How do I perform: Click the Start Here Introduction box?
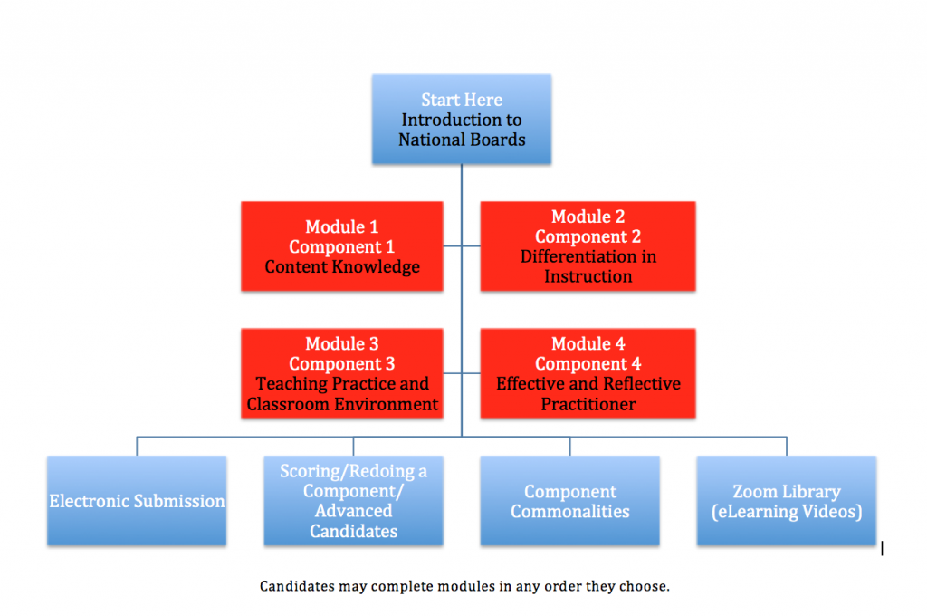(x=462, y=119)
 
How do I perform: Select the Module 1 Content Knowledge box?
(x=341, y=246)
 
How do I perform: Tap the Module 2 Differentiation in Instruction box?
(x=588, y=246)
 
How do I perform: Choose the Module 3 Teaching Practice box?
(x=341, y=373)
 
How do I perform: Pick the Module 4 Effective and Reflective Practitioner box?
(x=588, y=373)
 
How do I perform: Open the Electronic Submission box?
(x=137, y=501)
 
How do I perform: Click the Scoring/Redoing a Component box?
(x=354, y=501)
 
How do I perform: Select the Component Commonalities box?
(x=570, y=501)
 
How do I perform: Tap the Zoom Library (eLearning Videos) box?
(x=787, y=501)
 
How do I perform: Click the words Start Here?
(x=462, y=100)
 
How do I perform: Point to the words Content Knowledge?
(x=342, y=267)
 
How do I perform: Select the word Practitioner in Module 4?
(x=588, y=404)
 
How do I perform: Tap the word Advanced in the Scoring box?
(x=354, y=511)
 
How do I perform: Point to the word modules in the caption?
(x=465, y=586)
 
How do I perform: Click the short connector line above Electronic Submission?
(x=137, y=447)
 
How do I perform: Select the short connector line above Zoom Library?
(x=787, y=447)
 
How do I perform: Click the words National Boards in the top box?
(x=462, y=140)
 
